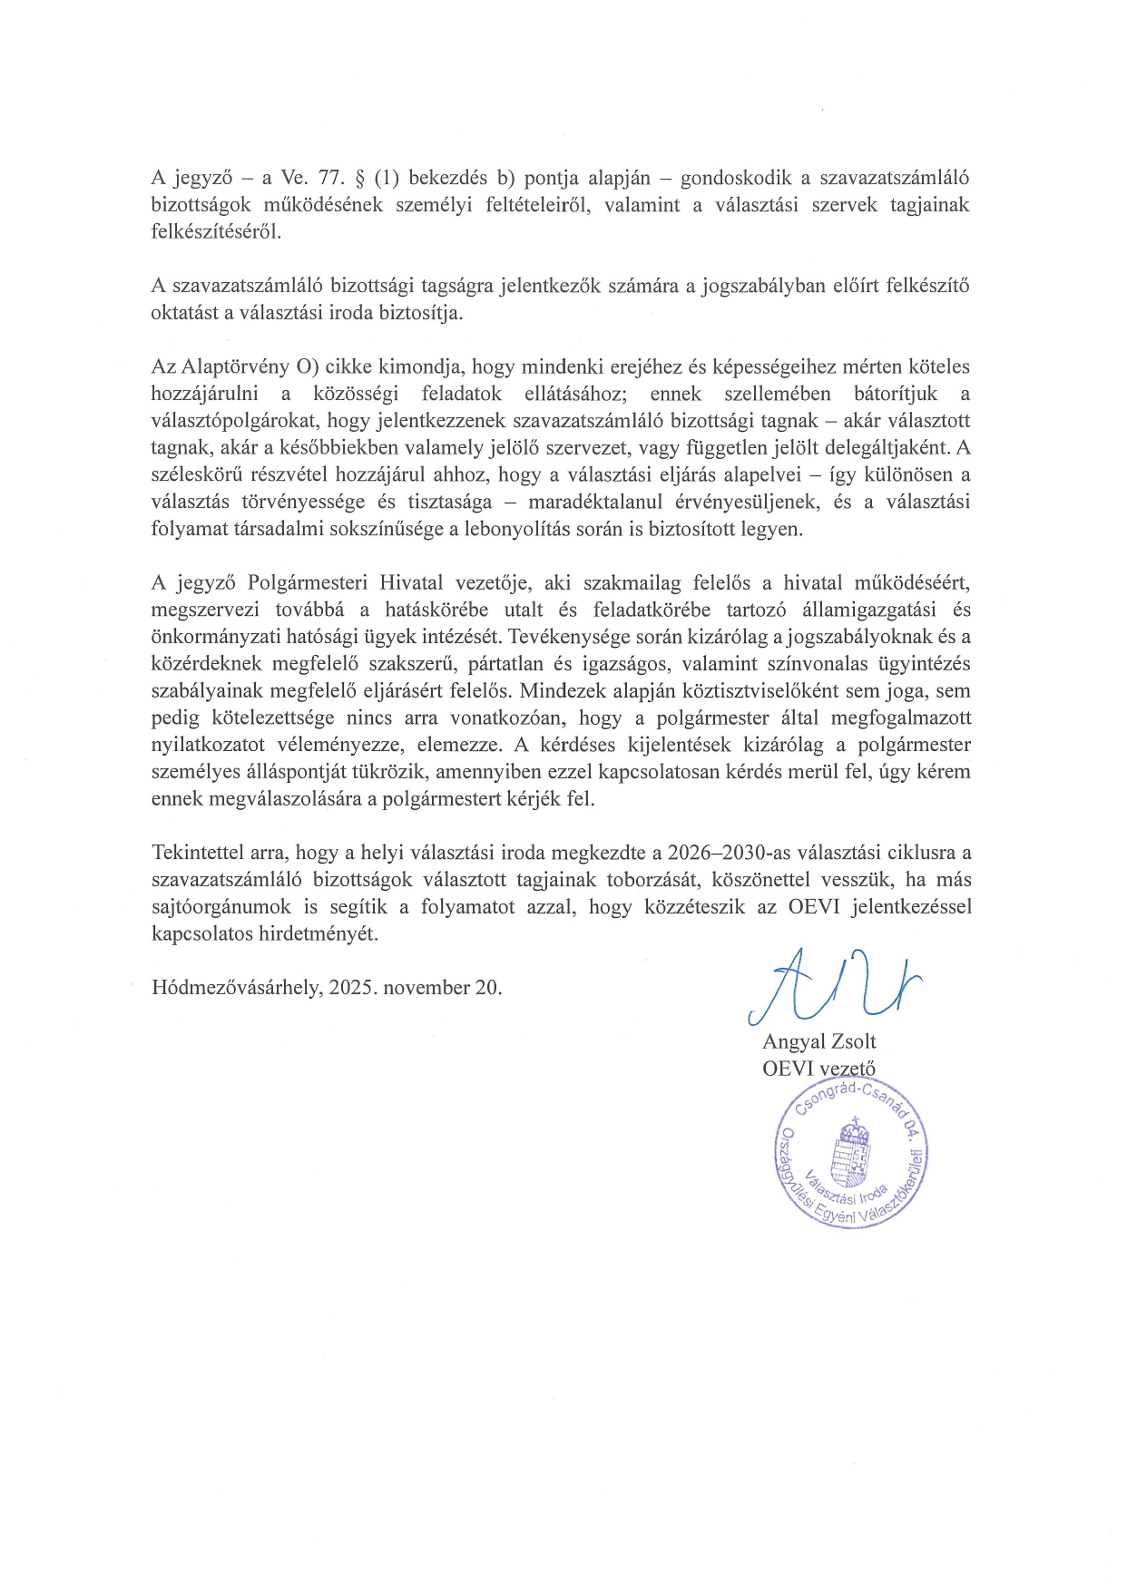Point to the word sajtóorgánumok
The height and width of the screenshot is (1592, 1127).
click(x=221, y=907)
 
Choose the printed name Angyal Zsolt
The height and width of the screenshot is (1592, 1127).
click(x=818, y=1041)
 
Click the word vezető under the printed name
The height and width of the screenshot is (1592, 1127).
click(x=847, y=1069)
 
